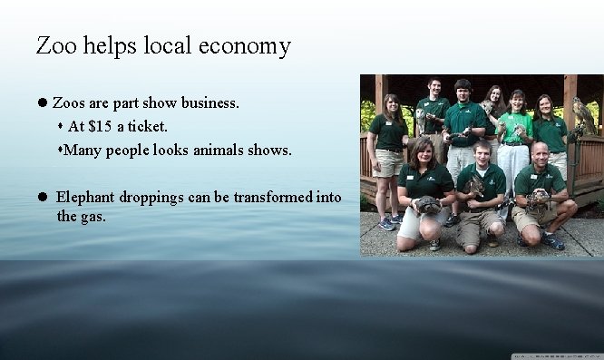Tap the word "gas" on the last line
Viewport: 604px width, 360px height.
(x=93, y=217)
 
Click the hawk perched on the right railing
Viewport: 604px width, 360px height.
(x=583, y=115)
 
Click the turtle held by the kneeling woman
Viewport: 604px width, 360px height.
(x=429, y=205)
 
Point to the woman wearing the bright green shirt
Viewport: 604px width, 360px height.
(x=516, y=127)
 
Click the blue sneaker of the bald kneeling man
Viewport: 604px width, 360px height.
(x=553, y=242)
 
